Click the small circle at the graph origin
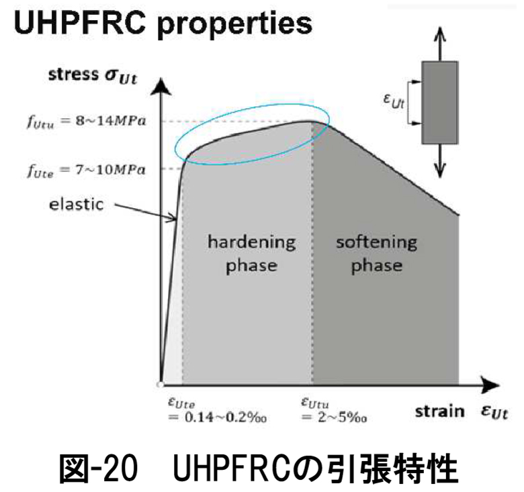[160, 385]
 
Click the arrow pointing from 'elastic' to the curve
[144, 211]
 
